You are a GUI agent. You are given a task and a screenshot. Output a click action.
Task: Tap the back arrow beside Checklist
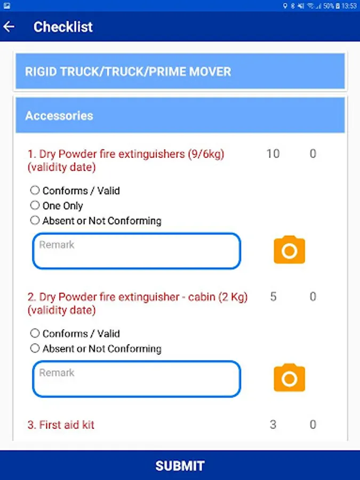(9, 27)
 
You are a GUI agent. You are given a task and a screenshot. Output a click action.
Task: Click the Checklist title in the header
(63, 27)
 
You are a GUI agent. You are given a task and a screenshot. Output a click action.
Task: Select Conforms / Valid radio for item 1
(35, 190)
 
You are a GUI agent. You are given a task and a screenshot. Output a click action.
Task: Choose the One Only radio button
(35, 205)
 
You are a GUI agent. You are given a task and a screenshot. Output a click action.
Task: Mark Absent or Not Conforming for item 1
(35, 220)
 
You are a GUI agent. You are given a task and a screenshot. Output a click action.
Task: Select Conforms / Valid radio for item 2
(35, 333)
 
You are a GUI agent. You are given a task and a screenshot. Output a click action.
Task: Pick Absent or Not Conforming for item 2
(35, 348)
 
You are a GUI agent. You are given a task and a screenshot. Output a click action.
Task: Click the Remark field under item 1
(137, 251)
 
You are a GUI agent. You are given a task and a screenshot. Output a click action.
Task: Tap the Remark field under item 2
(137, 379)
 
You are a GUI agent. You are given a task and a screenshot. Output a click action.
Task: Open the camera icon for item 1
(289, 250)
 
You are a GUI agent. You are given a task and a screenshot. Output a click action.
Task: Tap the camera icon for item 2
(289, 378)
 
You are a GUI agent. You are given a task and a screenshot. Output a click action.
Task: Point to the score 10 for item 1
(273, 154)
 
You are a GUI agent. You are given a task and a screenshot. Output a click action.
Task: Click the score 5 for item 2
(273, 297)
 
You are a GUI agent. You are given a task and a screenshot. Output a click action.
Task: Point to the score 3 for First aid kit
(273, 425)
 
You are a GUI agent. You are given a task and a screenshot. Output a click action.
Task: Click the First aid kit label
(61, 425)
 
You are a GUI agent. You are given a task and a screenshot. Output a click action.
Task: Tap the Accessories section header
(180, 115)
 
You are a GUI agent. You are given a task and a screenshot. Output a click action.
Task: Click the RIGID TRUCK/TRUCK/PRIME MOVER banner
(180, 71)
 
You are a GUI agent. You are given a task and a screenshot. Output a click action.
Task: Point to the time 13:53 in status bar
(349, 6)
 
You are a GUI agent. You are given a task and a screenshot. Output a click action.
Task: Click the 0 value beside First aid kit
(313, 425)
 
